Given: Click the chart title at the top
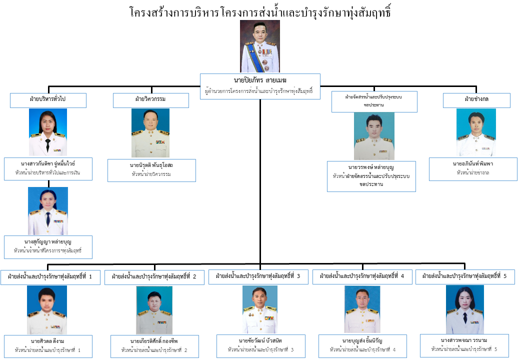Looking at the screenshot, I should pyautogui.click(x=259, y=12).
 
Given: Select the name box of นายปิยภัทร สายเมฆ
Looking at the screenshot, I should pyautogui.click(x=260, y=86).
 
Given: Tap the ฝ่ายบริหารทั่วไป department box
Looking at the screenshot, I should pyautogui.click(x=48, y=100).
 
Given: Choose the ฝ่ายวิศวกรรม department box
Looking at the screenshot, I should pyautogui.click(x=150, y=100).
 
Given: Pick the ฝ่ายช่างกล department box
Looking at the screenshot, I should pyautogui.click(x=476, y=100).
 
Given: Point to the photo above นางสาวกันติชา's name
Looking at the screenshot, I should pyautogui.click(x=48, y=132).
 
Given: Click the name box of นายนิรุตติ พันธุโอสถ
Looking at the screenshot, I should pyautogui.click(x=151, y=170).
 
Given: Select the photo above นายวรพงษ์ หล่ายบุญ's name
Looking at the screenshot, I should pyautogui.click(x=374, y=135).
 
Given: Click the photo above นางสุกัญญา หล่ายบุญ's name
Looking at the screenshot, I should pyautogui.click(x=48, y=211).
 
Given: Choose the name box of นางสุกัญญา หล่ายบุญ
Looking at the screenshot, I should pyautogui.click(x=48, y=247).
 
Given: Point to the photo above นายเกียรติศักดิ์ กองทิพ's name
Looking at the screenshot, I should pyautogui.click(x=154, y=310).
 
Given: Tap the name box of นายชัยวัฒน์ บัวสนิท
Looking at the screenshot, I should pyautogui.click(x=260, y=346).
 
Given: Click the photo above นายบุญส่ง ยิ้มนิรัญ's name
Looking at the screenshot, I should pyautogui.click(x=362, y=309).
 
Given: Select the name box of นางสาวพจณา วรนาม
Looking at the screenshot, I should pyautogui.click(x=464, y=345).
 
